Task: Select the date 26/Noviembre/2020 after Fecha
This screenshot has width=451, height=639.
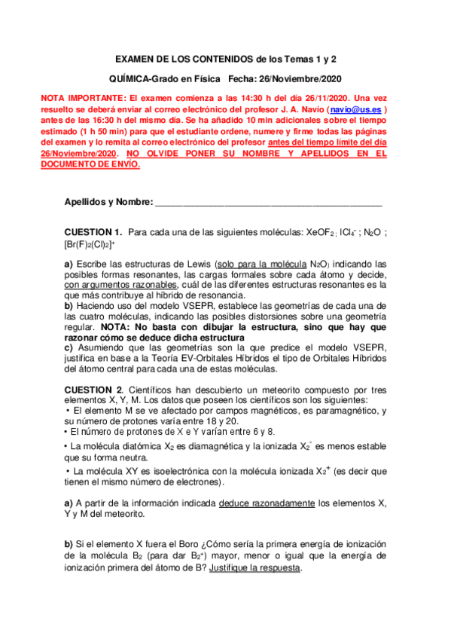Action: tap(296, 78)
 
